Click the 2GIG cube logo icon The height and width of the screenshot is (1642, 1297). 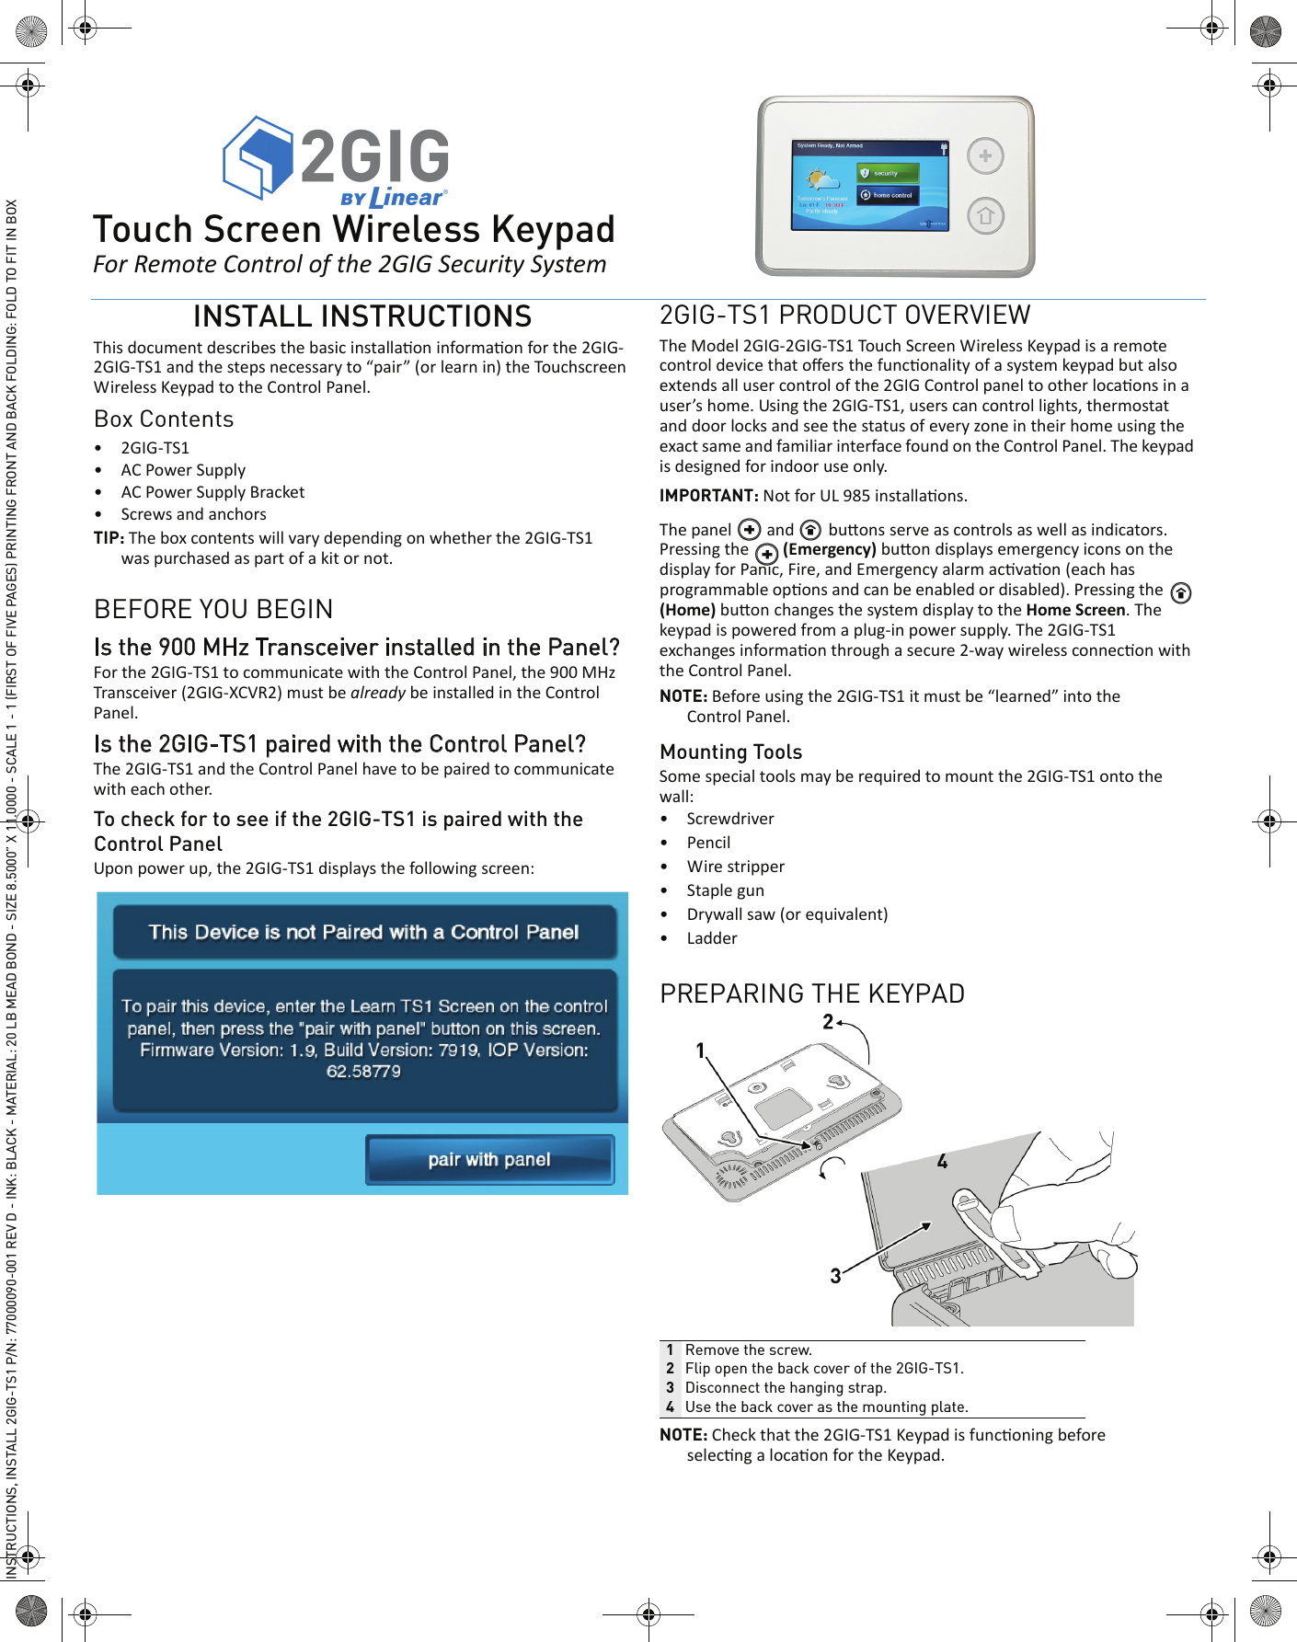click(x=258, y=157)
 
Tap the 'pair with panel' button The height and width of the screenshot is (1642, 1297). click(x=489, y=1159)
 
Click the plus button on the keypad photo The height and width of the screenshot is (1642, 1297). click(x=985, y=156)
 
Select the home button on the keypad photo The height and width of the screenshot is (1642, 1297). click(x=985, y=216)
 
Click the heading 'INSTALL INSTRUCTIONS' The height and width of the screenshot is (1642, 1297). click(x=362, y=316)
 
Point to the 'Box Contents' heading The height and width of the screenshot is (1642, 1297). click(x=164, y=419)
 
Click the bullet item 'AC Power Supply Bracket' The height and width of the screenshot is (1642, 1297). click(x=212, y=492)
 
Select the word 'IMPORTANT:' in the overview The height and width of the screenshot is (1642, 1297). click(x=708, y=496)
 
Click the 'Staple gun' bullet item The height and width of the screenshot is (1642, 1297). click(x=725, y=890)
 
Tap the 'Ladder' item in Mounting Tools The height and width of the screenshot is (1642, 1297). click(x=711, y=938)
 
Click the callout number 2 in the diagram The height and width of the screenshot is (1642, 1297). click(x=828, y=1022)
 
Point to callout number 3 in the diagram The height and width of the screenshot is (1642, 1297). click(x=835, y=1276)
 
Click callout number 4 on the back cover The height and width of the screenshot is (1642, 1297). click(x=942, y=1162)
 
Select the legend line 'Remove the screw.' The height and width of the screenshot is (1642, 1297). click(x=748, y=1349)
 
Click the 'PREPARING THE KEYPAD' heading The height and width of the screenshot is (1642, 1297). click(x=812, y=993)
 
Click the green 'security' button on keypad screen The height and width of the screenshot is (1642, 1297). click(x=888, y=173)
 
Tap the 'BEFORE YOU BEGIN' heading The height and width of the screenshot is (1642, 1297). click(x=213, y=609)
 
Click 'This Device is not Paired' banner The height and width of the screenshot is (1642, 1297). click(x=363, y=932)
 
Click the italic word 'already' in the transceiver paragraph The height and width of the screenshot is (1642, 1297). click(x=377, y=693)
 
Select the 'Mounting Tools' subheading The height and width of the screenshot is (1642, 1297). click(x=730, y=752)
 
